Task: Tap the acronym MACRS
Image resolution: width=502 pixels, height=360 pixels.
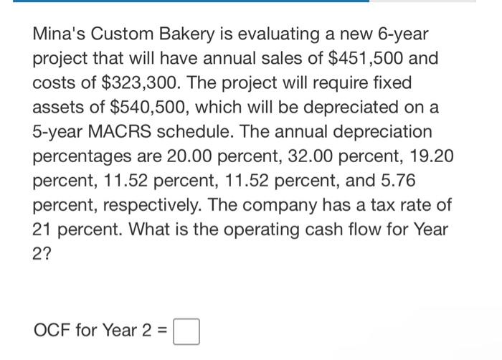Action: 126,133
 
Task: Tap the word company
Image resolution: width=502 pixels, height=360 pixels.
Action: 303,207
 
